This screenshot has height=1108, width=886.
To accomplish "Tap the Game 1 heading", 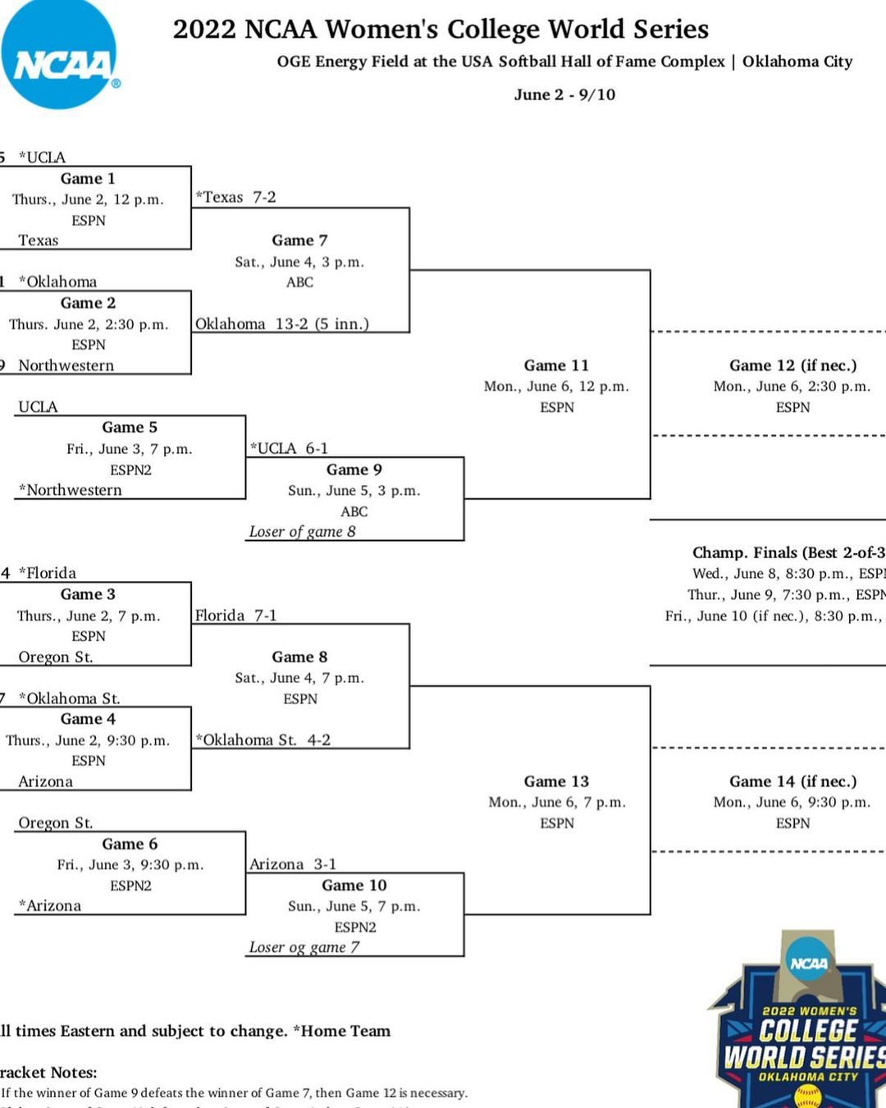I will tap(88, 178).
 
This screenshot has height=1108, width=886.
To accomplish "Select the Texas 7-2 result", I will tap(235, 197).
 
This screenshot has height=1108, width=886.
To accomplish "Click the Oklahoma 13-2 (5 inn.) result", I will tap(282, 323).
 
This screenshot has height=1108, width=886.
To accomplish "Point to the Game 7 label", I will tap(299, 240).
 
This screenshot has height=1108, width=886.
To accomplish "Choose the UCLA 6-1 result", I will tap(289, 448).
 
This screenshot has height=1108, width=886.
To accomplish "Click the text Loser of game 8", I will tap(303, 531).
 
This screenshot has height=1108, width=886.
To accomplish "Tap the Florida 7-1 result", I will tap(235, 615).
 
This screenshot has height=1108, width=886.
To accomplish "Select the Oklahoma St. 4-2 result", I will tap(263, 739).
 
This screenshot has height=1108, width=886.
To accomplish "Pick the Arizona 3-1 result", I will tap(292, 864).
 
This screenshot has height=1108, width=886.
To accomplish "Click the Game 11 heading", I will tap(556, 365).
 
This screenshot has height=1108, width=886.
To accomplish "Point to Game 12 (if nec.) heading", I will tap(792, 365).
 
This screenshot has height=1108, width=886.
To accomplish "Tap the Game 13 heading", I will tap(556, 781).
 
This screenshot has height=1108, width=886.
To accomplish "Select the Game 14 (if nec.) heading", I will tap(792, 781).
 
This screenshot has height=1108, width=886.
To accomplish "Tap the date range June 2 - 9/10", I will tap(564, 94).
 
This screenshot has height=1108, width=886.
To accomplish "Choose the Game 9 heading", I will tap(354, 469).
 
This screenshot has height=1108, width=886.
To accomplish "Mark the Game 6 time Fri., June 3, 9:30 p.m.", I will tap(130, 864).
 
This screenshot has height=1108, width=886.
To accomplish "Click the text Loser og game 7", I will tap(304, 947).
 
